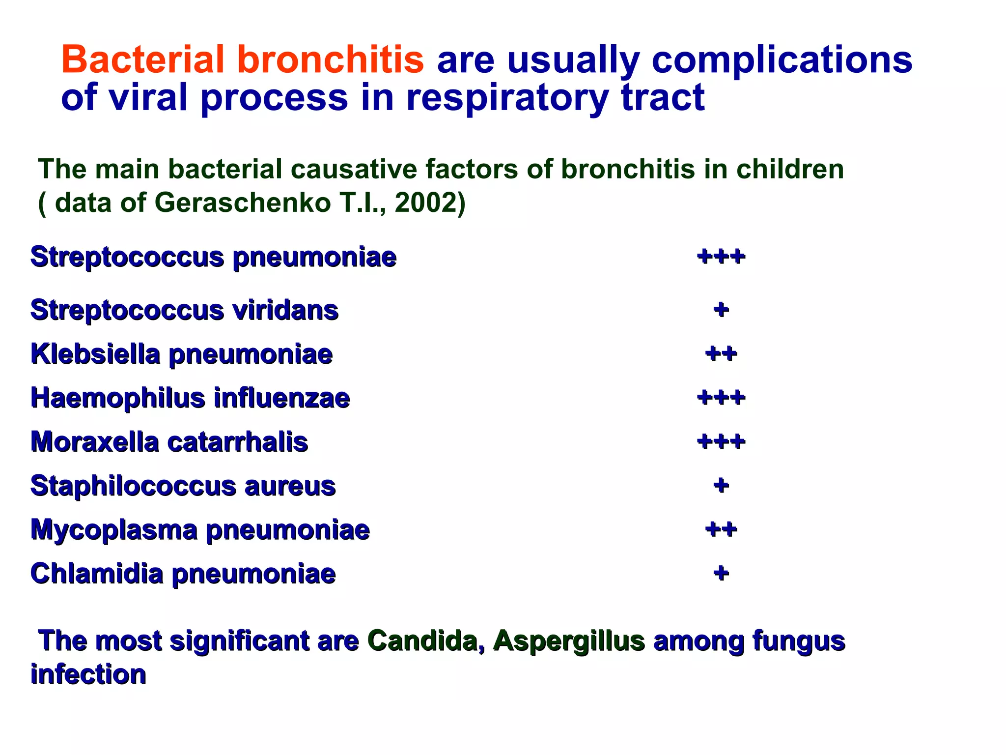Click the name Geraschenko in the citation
243,203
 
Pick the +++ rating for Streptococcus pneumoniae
721,257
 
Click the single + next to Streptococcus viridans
721,310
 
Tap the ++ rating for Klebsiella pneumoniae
721,353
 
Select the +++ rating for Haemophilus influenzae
721,397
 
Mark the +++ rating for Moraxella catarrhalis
721,441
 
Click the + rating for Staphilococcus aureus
721,486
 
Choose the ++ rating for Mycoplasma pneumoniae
721,529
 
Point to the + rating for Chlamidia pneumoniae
721,573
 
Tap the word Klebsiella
95,354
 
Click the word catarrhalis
238,442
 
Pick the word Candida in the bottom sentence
425,641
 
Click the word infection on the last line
88,674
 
